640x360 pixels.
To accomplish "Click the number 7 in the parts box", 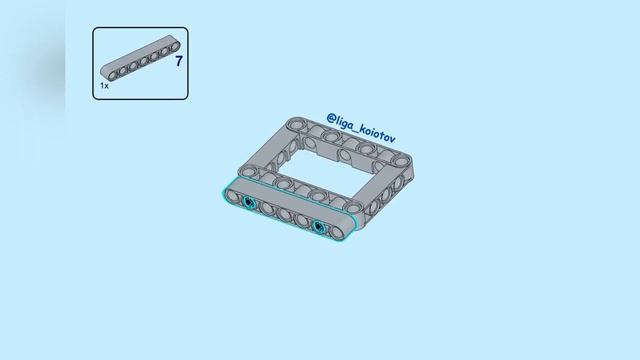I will pyautogui.click(x=178, y=62).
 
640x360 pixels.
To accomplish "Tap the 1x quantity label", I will pyautogui.click(x=104, y=87).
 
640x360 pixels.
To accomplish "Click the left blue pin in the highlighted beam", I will pyautogui.click(x=249, y=203).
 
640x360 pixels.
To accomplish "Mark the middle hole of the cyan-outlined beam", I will pyautogui.click(x=284, y=214).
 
